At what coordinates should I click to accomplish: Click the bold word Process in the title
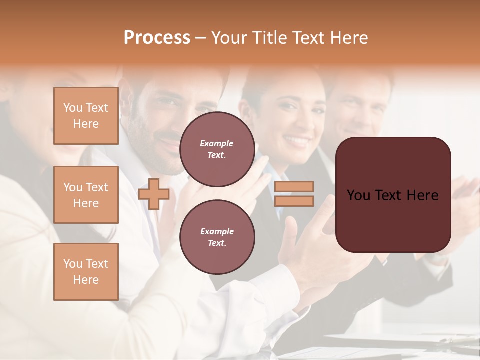[x=157, y=38]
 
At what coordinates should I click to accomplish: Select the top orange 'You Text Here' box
[x=86, y=116]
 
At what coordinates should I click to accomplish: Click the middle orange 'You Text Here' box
[x=86, y=195]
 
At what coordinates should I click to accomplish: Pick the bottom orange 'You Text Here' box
[x=86, y=272]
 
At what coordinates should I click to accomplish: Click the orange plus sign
[x=154, y=194]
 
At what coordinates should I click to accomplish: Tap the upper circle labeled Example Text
[x=217, y=149]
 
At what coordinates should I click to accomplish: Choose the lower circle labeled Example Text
[x=217, y=237]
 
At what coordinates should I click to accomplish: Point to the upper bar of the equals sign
[x=294, y=186]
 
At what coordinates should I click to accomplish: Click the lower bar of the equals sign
[x=294, y=201]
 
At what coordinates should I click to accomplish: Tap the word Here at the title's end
[x=349, y=38]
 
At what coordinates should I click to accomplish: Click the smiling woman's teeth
[x=296, y=141]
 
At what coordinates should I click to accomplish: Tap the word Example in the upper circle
[x=217, y=143]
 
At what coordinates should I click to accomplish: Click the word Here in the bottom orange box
[x=86, y=280]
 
